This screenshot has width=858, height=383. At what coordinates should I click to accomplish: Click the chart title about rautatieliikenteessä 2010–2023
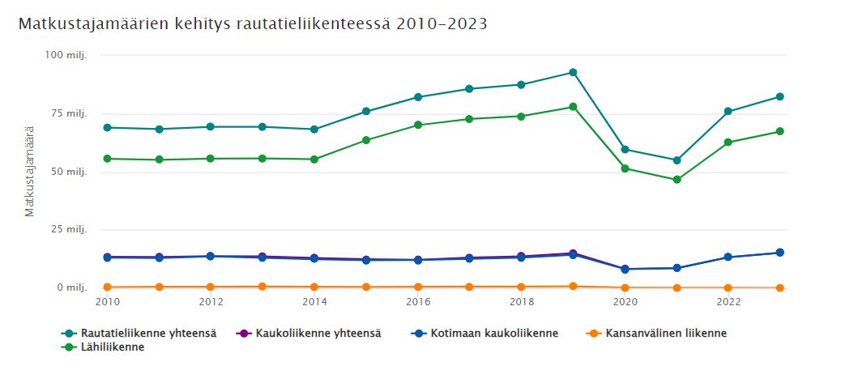pos(252,24)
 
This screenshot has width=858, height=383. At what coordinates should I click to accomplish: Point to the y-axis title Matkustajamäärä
pos(30,171)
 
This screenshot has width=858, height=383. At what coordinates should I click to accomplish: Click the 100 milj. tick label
pos(66,55)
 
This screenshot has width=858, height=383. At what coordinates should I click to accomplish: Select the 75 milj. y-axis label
pos(69,113)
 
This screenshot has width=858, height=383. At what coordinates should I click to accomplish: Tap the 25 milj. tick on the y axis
pos(69,230)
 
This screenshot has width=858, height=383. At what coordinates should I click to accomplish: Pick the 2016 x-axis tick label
pos(417,302)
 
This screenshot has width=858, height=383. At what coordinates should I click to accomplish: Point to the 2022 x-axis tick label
pos(728,302)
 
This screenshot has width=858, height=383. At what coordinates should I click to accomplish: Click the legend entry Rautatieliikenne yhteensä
pos(146,333)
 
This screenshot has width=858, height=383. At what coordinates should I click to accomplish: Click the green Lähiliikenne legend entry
pos(110,347)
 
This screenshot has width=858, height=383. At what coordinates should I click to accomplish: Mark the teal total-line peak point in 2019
pos(573,73)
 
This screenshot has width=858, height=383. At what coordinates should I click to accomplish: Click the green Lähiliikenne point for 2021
pos(677,180)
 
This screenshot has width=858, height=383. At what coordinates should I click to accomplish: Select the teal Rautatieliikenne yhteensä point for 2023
pos(780,97)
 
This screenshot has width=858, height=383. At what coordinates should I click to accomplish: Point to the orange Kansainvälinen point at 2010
pos(107,287)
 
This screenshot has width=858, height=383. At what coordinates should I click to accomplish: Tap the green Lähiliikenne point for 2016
pos(418,125)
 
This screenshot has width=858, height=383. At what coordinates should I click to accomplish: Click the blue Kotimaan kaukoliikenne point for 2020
pos(625,269)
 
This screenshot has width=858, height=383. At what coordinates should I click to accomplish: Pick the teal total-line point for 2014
pos(314,130)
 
